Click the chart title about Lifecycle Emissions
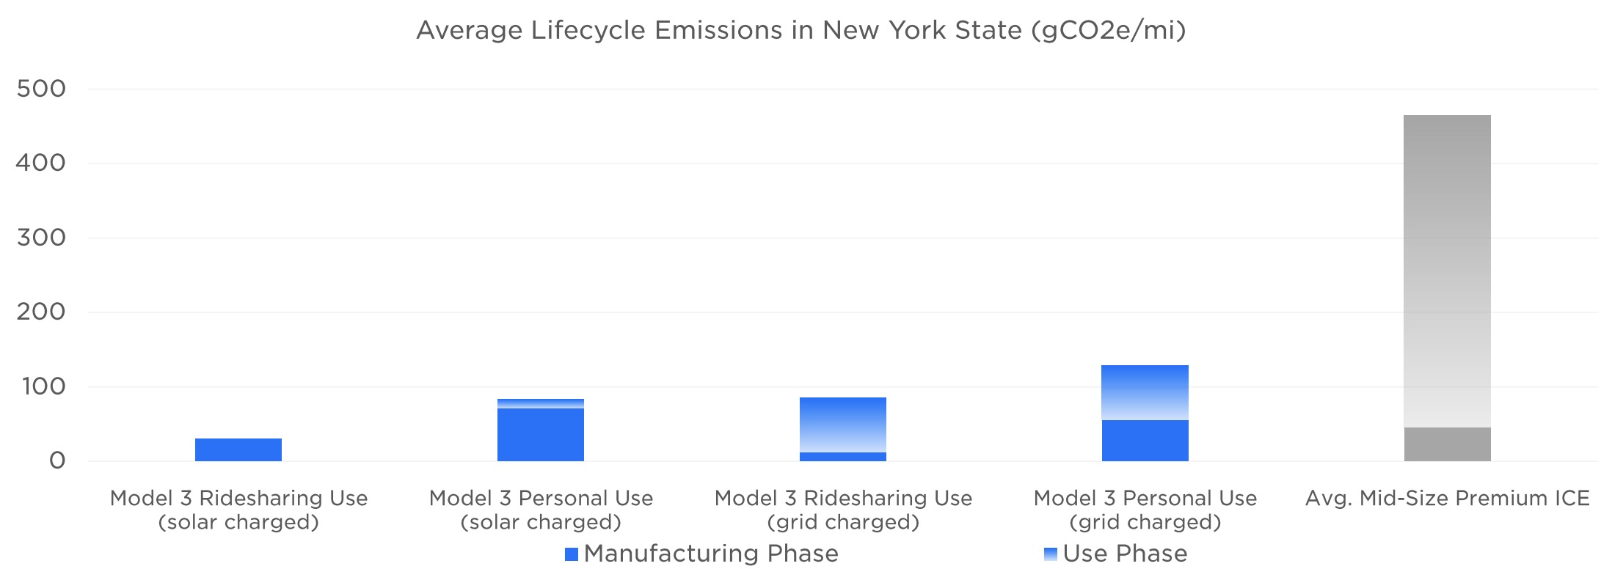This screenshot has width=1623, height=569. coord(800,30)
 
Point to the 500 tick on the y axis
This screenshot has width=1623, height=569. coord(41,89)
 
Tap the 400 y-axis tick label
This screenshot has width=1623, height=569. coord(41,163)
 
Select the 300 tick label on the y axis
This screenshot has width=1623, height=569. coord(41,238)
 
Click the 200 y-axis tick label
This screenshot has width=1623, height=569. coord(41,312)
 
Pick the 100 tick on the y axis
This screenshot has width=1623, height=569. coord(44,386)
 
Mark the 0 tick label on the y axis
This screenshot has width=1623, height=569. coord(57,461)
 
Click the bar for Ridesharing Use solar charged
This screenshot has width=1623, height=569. coord(238,449)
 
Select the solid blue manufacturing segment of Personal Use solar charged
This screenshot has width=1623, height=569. coord(541,435)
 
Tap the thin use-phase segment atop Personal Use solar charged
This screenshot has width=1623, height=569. coord(541,403)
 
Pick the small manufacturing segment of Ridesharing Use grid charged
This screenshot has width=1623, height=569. coord(843,457)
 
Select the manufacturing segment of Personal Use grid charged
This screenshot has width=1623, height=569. coord(1145,441)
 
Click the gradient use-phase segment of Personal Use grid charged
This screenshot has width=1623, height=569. coord(1145,392)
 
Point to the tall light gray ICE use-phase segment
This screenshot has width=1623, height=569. coord(1448,271)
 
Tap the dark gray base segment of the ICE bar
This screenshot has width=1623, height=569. coord(1448,444)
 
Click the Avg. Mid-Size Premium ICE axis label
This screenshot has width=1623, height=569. coord(1448,499)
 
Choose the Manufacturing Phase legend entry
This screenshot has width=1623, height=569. coord(702,554)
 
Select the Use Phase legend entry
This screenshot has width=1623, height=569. coord(1115,554)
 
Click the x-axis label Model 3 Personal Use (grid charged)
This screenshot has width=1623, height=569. coord(1145,510)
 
